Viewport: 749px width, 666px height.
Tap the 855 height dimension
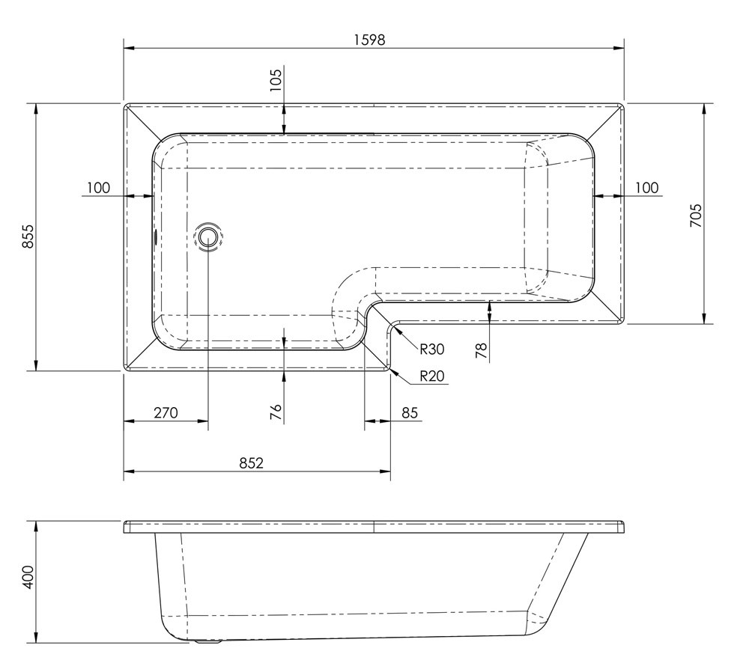(28, 236)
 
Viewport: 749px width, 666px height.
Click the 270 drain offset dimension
(166, 412)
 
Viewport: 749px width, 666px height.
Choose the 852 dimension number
(251, 462)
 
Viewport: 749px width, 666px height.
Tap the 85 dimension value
(410, 412)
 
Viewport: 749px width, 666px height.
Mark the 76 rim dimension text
(276, 412)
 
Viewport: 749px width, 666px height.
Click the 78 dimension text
(482, 351)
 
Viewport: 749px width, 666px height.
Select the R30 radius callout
(432, 349)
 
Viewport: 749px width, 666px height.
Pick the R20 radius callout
(432, 376)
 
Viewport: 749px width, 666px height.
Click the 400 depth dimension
(28, 577)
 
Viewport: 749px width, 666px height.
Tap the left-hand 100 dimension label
(98, 188)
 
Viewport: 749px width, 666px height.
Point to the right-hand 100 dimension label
(647, 188)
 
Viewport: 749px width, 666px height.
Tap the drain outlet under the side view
(206, 641)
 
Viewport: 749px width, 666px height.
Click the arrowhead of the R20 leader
(393, 372)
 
